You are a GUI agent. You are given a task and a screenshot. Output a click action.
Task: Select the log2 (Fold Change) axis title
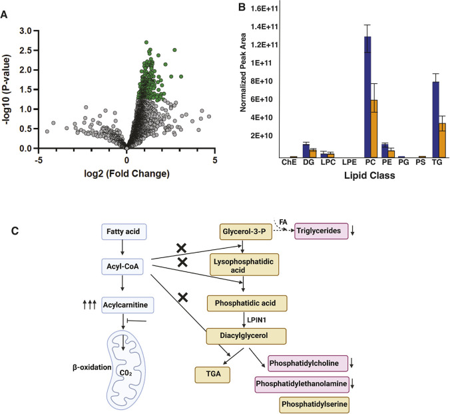[126, 174]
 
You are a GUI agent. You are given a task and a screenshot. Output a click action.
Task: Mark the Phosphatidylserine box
[312, 405]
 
